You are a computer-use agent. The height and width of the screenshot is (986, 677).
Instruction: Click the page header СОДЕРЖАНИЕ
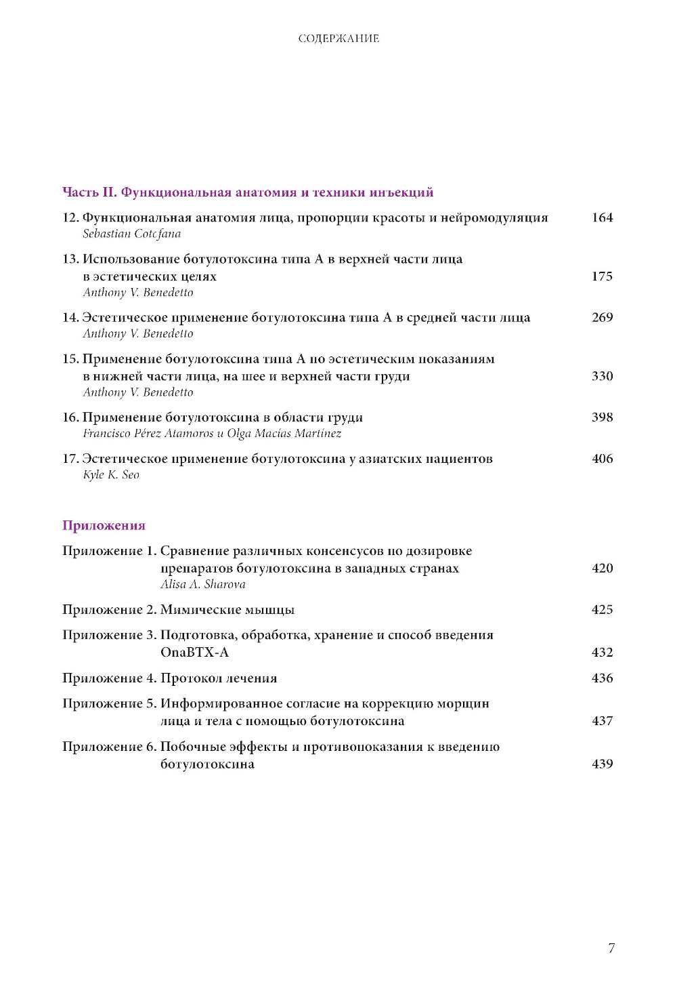[x=338, y=39]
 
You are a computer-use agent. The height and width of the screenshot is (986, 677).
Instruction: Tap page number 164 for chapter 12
[x=602, y=218]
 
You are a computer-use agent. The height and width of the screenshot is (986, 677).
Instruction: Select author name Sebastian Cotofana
[x=132, y=234]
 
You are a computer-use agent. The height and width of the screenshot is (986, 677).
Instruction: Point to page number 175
[x=602, y=276]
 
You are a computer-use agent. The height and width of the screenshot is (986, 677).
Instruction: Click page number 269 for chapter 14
[x=602, y=317]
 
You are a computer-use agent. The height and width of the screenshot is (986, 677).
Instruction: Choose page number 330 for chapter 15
[x=602, y=376]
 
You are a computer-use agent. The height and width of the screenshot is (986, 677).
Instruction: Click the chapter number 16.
[x=70, y=417]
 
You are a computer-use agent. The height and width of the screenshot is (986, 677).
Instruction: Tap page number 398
[x=602, y=417]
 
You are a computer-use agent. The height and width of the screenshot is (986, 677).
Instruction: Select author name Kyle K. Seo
[x=111, y=475]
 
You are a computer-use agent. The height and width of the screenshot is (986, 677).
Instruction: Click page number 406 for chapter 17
[x=602, y=459]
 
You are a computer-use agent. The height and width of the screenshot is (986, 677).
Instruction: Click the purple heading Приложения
[x=104, y=526]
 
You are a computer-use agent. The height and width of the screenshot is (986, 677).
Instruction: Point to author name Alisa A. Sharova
[x=203, y=585]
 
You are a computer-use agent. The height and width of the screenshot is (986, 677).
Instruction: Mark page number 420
[x=602, y=569]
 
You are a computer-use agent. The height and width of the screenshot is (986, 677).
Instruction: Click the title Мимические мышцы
[x=227, y=610]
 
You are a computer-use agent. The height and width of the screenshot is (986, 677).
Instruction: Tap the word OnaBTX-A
[x=194, y=653]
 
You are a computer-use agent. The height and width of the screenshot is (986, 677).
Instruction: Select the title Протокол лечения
[x=219, y=678]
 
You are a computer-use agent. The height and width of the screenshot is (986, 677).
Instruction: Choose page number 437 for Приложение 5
[x=602, y=721]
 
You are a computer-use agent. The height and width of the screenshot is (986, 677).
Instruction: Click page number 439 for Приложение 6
[x=602, y=764]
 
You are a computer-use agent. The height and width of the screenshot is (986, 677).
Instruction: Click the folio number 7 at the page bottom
[x=611, y=948]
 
